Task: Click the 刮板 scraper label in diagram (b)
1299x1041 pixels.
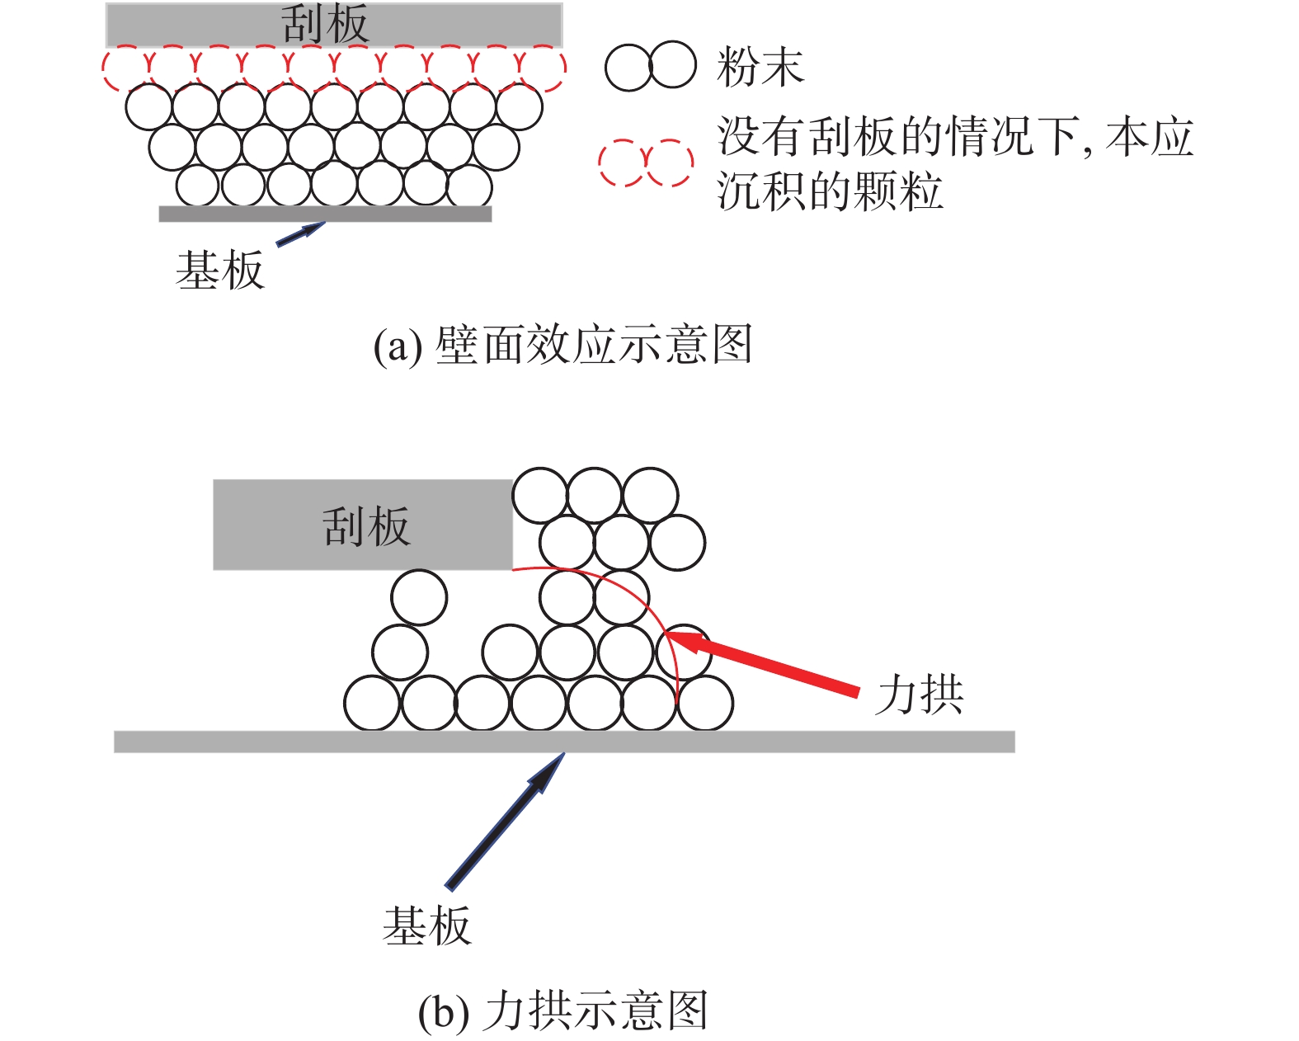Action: pos(365,526)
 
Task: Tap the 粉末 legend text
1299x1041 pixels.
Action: pos(760,67)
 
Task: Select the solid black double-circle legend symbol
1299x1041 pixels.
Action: pos(650,65)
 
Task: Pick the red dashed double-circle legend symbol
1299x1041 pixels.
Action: pos(646,163)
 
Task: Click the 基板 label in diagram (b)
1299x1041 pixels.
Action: pos(426,925)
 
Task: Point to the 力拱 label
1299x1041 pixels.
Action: pos(920,694)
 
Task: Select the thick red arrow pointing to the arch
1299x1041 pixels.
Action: pos(767,664)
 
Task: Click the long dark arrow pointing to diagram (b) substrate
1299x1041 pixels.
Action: pos(503,822)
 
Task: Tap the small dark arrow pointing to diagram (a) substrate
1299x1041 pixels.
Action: pos(299,234)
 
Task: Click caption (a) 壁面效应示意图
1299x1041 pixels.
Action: pos(562,345)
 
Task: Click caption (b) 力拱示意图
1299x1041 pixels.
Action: pos(562,1010)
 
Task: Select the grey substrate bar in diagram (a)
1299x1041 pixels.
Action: pos(325,214)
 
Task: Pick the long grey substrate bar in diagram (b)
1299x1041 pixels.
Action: pos(563,742)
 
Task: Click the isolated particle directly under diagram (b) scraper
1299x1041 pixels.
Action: pos(419,597)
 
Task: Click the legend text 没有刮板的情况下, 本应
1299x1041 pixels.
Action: pos(955,137)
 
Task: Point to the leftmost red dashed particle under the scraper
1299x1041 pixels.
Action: pos(125,68)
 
